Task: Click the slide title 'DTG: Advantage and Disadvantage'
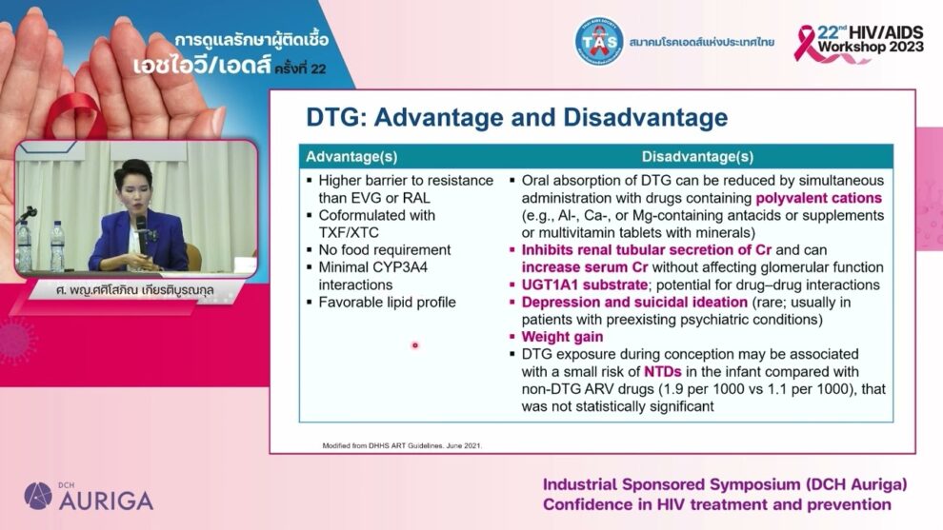[x=516, y=118]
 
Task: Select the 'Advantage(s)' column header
[x=351, y=156]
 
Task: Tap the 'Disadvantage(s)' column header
[x=697, y=156]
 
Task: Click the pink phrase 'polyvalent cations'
[x=818, y=198]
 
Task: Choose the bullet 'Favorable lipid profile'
[x=387, y=302]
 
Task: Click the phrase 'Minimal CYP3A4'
[x=372, y=267]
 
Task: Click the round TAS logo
[x=598, y=41]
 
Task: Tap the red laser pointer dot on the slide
[x=414, y=344]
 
